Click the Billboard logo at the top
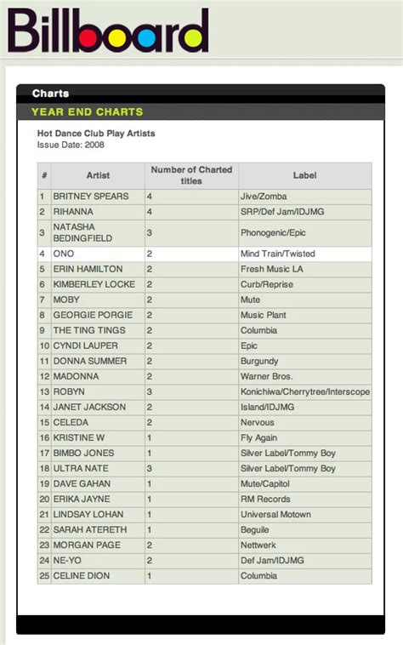pos(108,31)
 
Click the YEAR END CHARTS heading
pos(87,111)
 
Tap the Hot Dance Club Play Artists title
pos(96,134)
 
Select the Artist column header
pos(98,175)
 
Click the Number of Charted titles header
pos(191,175)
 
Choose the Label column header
pos(304,175)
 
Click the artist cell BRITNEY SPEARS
pos(91,197)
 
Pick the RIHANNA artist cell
pos(77,212)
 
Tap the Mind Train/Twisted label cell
pos(277,254)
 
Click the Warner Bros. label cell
pos(266,376)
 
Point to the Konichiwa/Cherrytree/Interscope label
pos(305,391)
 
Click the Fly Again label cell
pos(259,437)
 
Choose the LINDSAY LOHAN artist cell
pos(88,514)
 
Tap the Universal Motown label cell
pos(275,514)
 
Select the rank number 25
pos(43,575)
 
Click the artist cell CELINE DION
pos(82,575)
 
